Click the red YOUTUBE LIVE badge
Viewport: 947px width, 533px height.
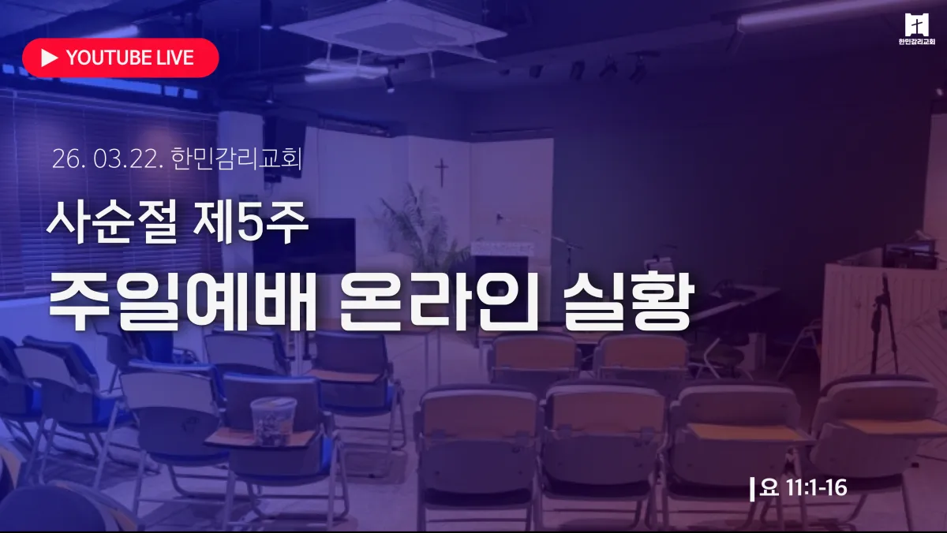(x=121, y=58)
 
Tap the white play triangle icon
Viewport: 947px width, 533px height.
(x=49, y=58)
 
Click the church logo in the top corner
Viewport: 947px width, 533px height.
(x=916, y=28)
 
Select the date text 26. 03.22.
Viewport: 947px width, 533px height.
(x=107, y=159)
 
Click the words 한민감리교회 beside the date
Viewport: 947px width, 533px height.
(x=237, y=159)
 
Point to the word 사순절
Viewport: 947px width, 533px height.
(x=111, y=222)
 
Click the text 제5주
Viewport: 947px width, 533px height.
(x=250, y=222)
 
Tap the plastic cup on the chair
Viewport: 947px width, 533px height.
(x=273, y=421)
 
